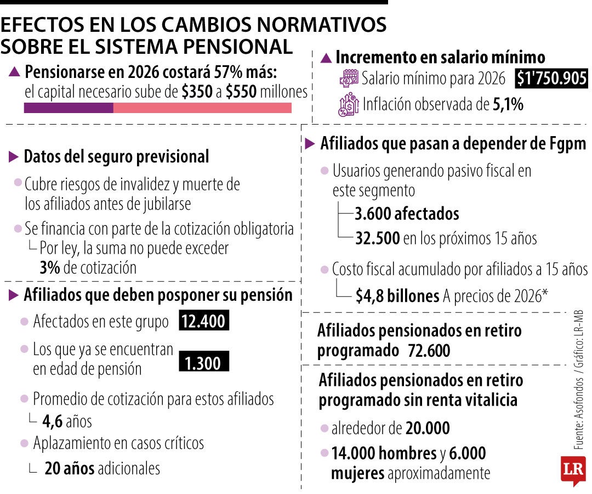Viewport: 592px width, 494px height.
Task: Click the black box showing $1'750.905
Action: pyautogui.click(x=551, y=79)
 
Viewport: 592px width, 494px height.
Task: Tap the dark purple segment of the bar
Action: pyautogui.click(x=69, y=108)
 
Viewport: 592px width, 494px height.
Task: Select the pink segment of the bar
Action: pyautogui.click(x=202, y=108)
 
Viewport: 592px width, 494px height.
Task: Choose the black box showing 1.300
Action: pyautogui.click(x=203, y=363)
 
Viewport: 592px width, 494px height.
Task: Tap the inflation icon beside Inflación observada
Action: pyautogui.click(x=349, y=104)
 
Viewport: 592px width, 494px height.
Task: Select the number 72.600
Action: pyautogui.click(x=429, y=351)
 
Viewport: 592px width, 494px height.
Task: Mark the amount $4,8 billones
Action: pyautogui.click(x=397, y=296)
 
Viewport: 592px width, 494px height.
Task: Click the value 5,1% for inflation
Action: pyautogui.click(x=508, y=105)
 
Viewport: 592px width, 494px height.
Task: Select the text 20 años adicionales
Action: pyautogui.click(x=103, y=468)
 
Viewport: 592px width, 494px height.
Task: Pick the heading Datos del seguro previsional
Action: pyautogui.click(x=116, y=157)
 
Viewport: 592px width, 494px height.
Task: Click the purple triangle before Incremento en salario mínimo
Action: pyautogui.click(x=326, y=58)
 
